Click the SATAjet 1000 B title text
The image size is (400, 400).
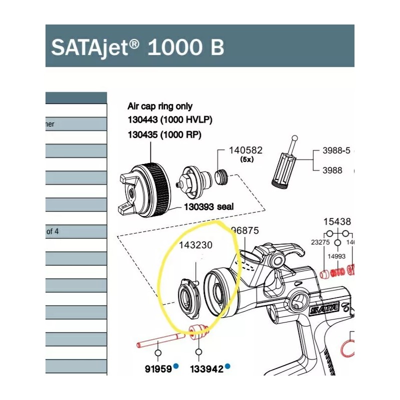click(x=137, y=47)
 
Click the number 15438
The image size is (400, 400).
click(x=337, y=221)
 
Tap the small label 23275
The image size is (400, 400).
click(x=320, y=241)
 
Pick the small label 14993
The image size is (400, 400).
click(x=337, y=255)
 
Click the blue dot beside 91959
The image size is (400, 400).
click(x=176, y=366)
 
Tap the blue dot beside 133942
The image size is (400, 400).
click(x=227, y=366)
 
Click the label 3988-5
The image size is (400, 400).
click(x=336, y=150)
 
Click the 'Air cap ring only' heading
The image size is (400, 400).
click(x=159, y=106)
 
